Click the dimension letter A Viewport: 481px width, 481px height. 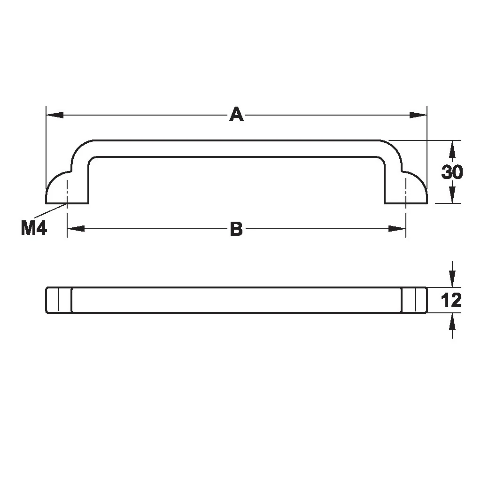236,115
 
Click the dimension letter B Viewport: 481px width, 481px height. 236,229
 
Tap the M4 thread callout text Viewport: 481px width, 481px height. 34,228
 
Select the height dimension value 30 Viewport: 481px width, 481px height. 452,172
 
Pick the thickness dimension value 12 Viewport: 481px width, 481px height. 452,300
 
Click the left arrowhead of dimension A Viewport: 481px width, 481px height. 54,115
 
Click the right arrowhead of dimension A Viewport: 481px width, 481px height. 418,115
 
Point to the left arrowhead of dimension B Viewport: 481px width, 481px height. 76,229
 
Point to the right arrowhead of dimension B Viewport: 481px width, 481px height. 397,229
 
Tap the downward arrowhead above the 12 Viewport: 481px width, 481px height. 452,278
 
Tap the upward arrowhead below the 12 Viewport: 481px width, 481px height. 452,322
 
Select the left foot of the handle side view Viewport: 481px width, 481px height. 66,193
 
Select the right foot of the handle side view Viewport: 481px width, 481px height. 407,193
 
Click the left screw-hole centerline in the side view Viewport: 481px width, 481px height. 68,188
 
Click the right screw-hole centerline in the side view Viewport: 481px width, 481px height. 405,188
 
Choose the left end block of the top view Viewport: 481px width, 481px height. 58,300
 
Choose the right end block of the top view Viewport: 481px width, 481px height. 414,300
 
